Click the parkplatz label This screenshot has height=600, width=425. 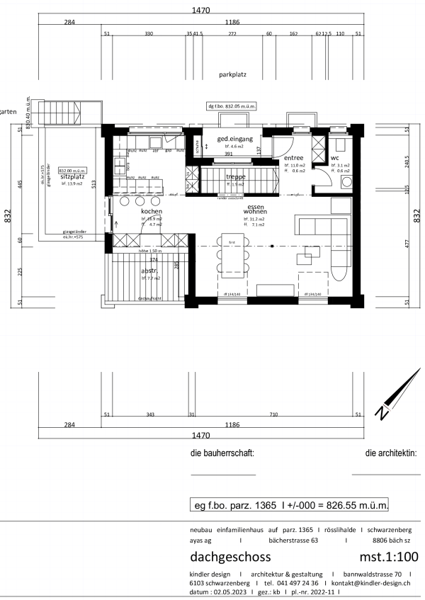[x=232, y=74]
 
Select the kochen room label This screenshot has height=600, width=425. [x=152, y=212]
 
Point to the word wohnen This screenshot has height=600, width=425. [x=255, y=212]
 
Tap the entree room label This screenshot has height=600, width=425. [x=294, y=157]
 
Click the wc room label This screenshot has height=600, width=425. [x=335, y=157]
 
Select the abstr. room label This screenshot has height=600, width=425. [x=149, y=271]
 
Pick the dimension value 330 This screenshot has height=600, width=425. [x=149, y=33]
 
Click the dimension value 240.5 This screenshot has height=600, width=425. [x=407, y=161]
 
